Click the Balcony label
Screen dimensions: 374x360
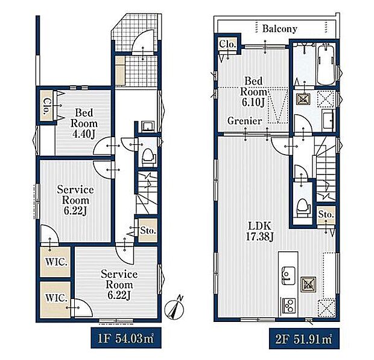click(x=279, y=29)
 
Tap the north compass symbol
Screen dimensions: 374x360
click(x=175, y=309)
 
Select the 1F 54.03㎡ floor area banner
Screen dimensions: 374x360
click(x=126, y=338)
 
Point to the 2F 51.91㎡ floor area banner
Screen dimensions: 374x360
click(x=304, y=338)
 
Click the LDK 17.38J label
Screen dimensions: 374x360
click(x=259, y=231)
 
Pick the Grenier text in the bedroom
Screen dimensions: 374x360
click(x=244, y=121)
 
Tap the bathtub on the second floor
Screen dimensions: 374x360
click(x=326, y=64)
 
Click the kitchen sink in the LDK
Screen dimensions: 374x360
click(x=288, y=275)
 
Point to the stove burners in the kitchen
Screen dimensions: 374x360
click(x=289, y=306)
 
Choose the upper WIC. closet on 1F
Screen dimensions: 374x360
click(x=55, y=262)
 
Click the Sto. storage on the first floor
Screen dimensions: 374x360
click(x=148, y=231)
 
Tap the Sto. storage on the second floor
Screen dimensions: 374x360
click(x=326, y=214)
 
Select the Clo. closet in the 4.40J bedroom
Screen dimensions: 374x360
click(x=47, y=106)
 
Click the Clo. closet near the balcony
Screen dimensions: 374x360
click(x=228, y=44)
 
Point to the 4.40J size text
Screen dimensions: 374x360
click(x=84, y=134)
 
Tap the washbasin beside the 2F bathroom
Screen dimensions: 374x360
click(x=328, y=120)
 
